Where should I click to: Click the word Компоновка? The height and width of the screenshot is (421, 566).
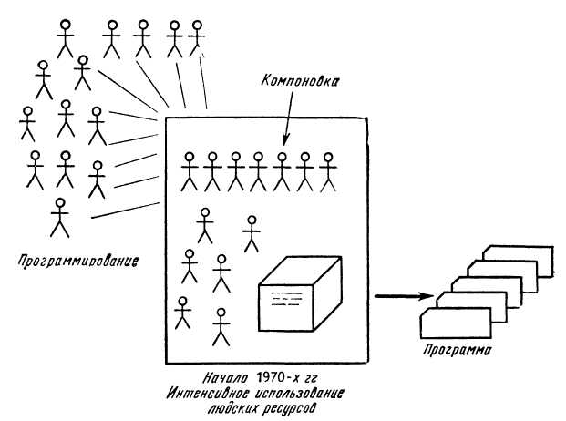[x=300, y=80]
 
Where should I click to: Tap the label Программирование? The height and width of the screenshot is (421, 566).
[x=78, y=261]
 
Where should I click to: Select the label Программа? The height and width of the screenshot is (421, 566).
[x=458, y=350]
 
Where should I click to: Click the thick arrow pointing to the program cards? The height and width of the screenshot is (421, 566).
[x=404, y=296]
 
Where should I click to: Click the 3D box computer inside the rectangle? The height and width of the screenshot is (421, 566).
[x=300, y=293]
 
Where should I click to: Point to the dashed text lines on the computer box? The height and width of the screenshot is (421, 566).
[x=286, y=299]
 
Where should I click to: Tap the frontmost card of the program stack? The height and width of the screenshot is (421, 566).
[x=456, y=323]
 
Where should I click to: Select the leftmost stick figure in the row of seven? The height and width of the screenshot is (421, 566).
[x=190, y=171]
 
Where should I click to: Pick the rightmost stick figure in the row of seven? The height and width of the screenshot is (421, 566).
[x=328, y=171]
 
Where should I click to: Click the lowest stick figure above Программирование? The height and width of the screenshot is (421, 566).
[x=60, y=218]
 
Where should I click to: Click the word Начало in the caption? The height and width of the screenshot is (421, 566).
[x=225, y=378]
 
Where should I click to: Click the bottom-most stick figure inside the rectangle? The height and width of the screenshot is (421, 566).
[x=221, y=327]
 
